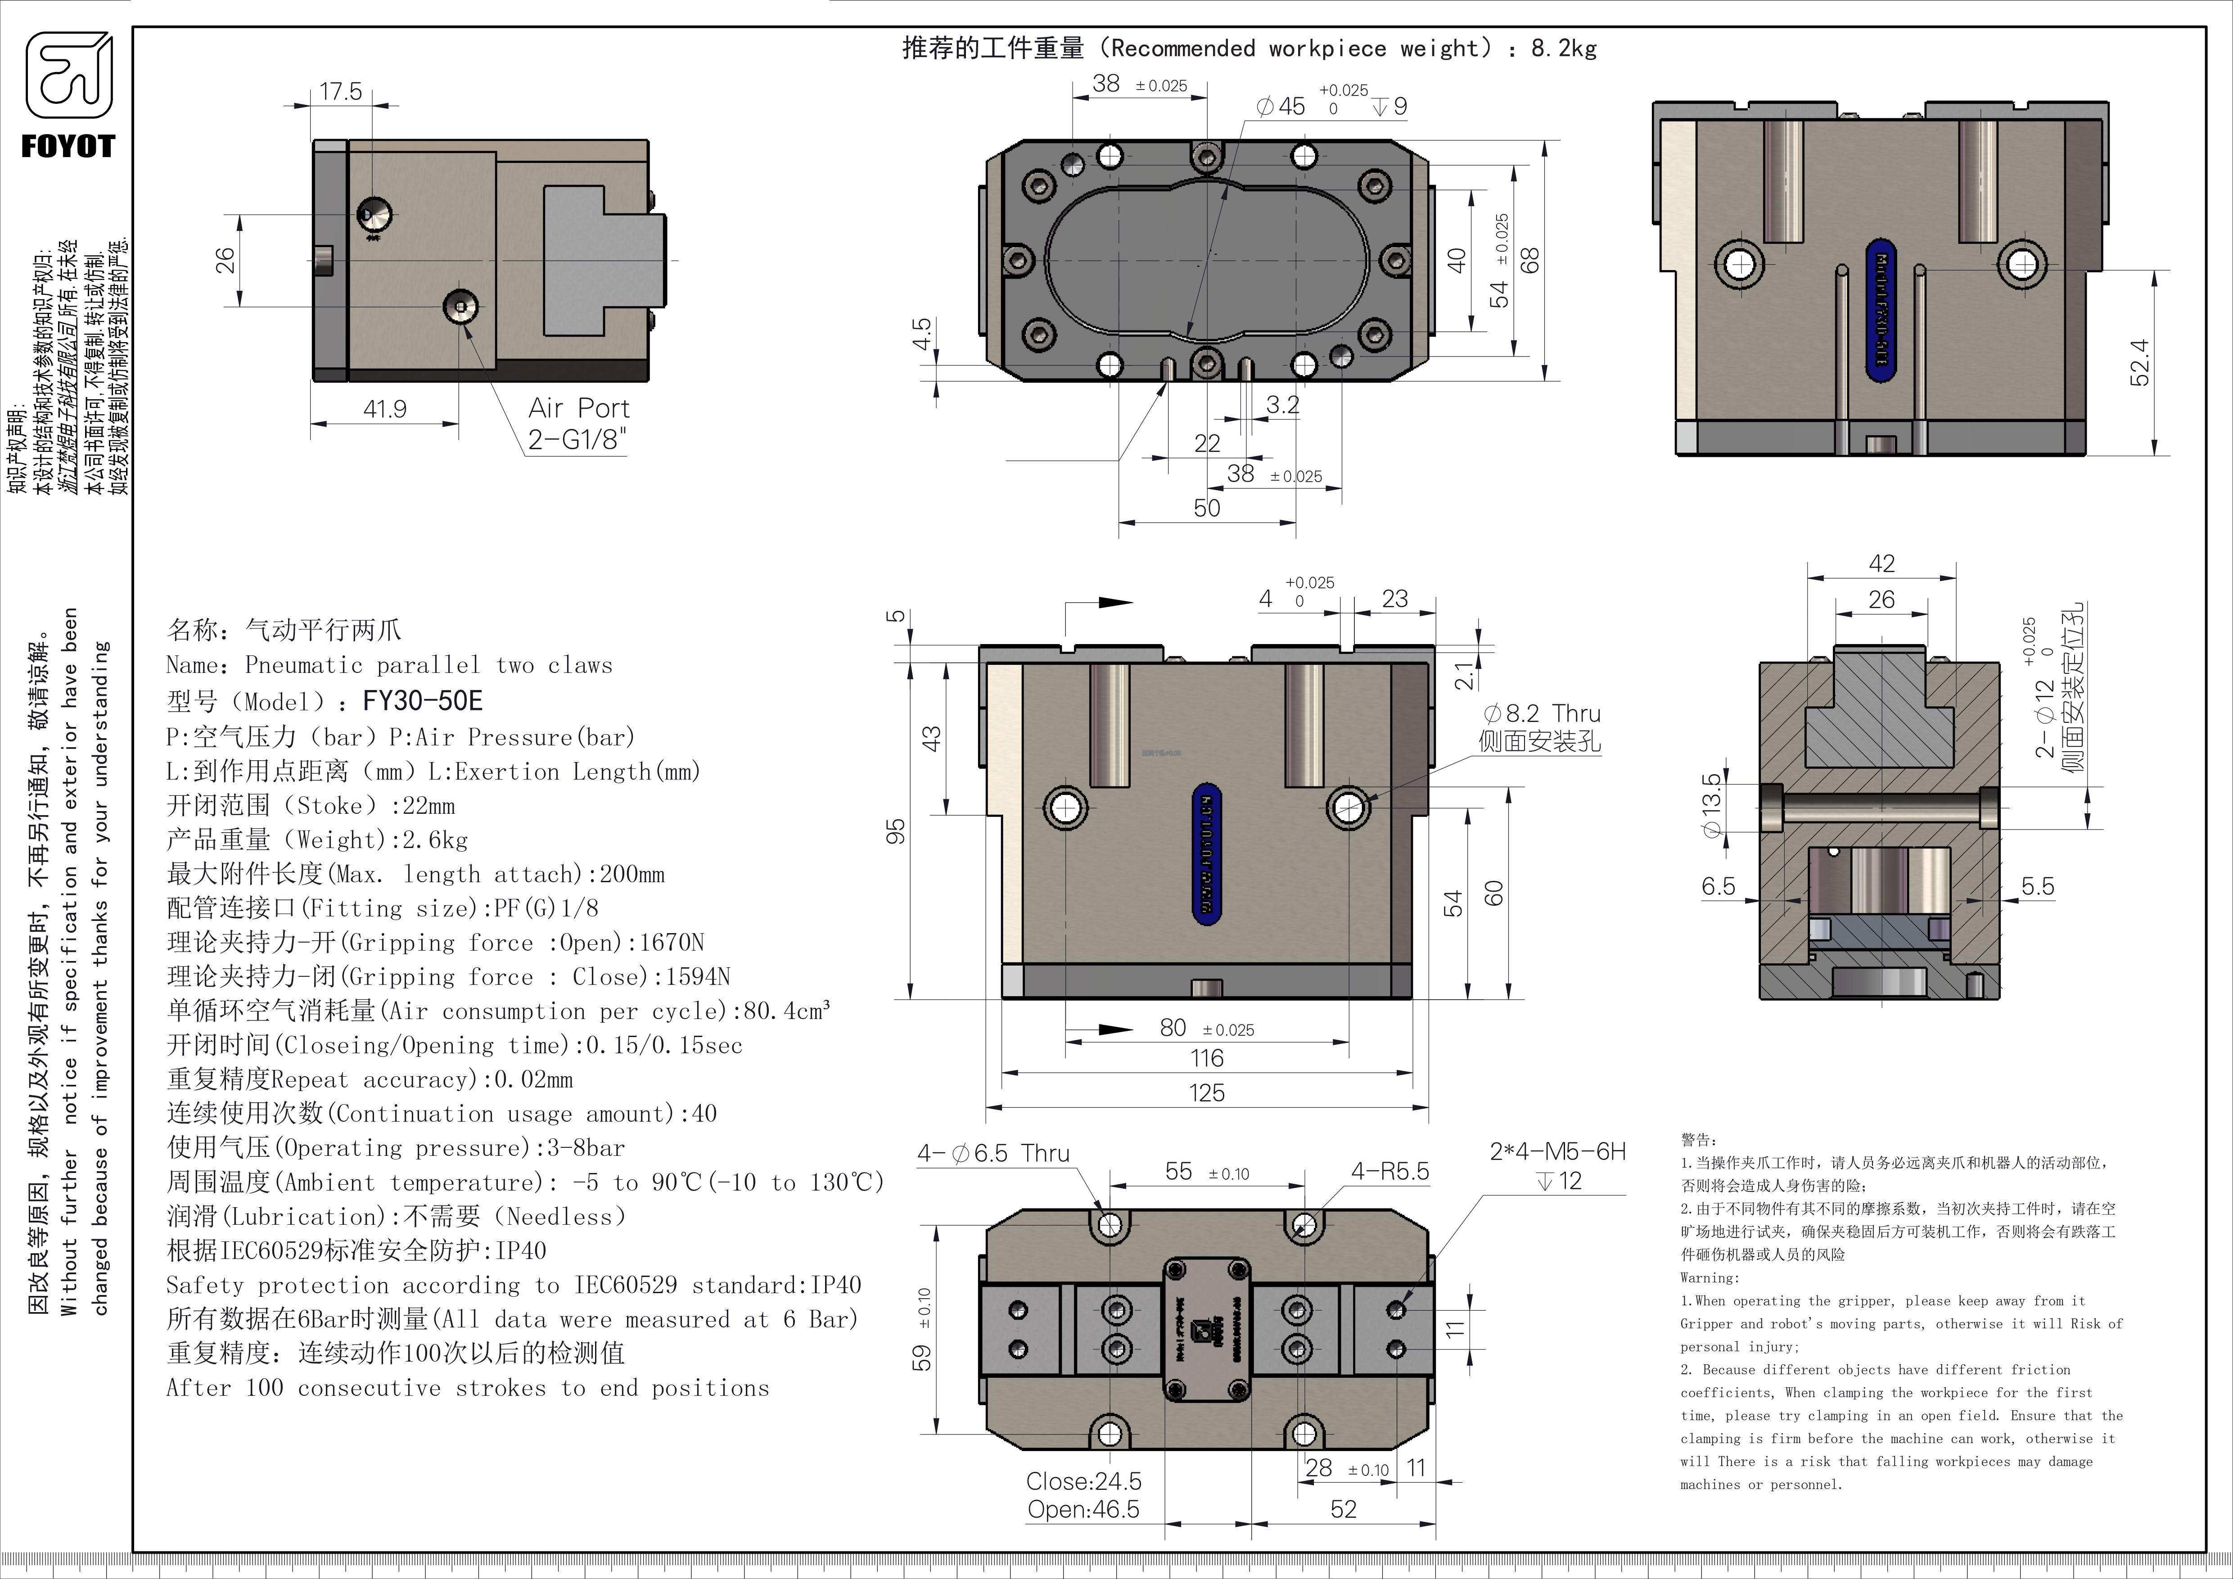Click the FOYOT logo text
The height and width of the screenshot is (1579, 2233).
[x=68, y=147]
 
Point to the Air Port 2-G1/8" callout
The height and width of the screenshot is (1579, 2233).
[x=579, y=423]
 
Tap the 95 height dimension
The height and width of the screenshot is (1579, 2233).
[x=896, y=831]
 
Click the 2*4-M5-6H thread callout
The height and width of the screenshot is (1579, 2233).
[x=1557, y=1152]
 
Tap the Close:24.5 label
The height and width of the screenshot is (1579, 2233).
[x=1083, y=1481]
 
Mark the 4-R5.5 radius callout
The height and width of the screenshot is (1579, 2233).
[x=1390, y=1172]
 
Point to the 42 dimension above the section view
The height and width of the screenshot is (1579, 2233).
[x=1882, y=564]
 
